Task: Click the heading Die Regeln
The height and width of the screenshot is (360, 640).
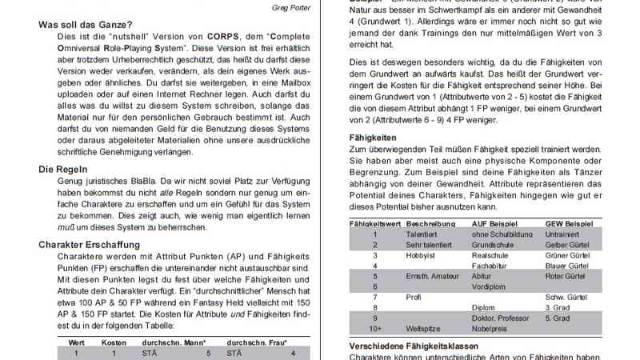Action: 63,169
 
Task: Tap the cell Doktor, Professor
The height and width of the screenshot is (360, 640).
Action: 501,318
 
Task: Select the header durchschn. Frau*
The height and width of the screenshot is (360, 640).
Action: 257,342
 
